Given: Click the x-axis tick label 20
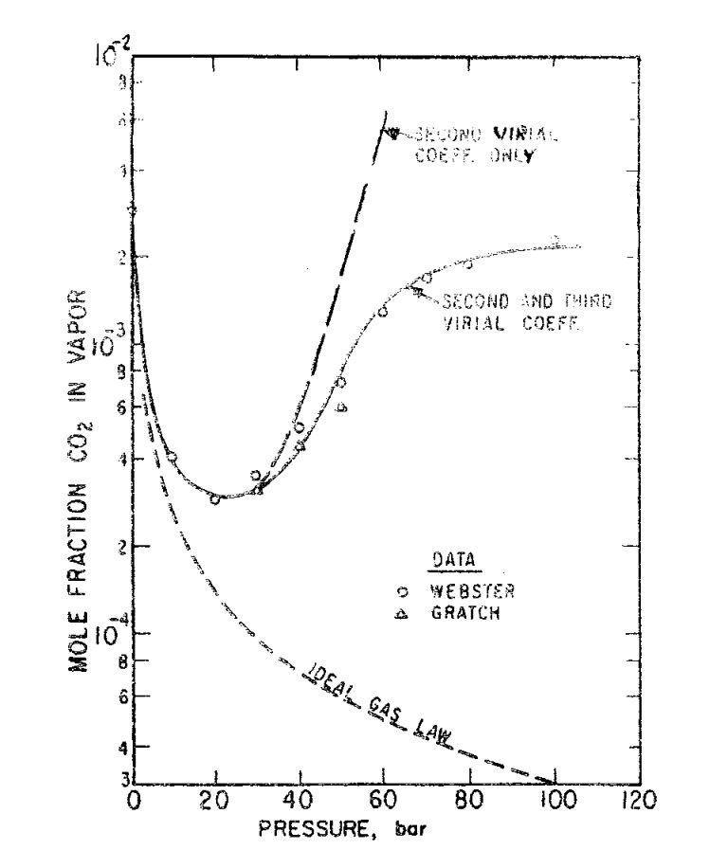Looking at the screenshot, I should [x=216, y=799].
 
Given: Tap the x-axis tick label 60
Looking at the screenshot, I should [x=383, y=799].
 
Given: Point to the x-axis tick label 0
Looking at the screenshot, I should [x=135, y=799].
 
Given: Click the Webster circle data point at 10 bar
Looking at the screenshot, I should [x=172, y=457].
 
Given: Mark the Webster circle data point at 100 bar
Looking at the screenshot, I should [x=555, y=241].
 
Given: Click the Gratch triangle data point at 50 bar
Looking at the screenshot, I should [x=341, y=407].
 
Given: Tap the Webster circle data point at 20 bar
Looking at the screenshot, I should [x=215, y=498].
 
